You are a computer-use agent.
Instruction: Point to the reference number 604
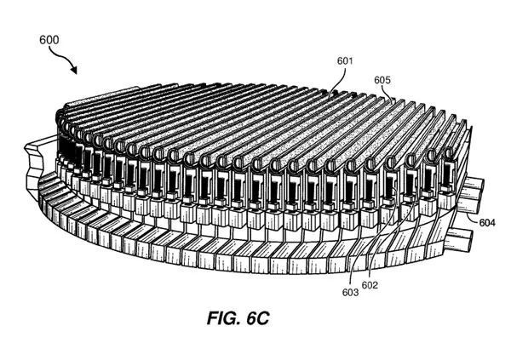487,223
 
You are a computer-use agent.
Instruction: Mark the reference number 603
349,293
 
